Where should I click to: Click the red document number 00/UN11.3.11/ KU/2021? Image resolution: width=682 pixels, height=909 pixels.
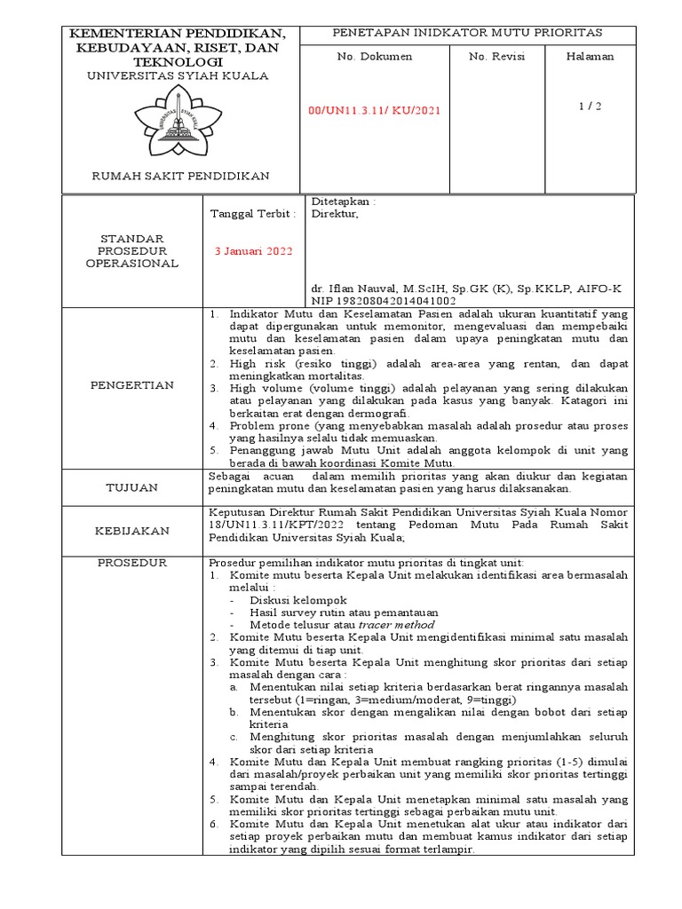(373, 110)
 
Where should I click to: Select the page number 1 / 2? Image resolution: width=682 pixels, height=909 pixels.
(590, 106)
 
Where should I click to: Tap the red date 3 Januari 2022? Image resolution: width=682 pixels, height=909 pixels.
(253, 250)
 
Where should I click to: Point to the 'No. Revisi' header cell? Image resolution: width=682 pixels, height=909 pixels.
(496, 56)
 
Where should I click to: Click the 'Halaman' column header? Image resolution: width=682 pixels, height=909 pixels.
(590, 56)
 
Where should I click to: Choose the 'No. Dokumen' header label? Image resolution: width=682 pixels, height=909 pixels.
(373, 56)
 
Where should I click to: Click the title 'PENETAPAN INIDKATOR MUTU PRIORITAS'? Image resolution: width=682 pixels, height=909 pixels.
(466, 32)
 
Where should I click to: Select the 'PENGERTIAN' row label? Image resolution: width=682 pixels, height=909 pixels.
(134, 385)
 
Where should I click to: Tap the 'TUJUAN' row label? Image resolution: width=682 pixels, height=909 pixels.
(134, 487)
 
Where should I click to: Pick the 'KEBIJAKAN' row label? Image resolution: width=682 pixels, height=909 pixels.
(134, 530)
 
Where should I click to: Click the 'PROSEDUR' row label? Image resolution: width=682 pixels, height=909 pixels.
(134, 563)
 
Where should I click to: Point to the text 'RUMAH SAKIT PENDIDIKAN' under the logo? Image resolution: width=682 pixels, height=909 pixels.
(181, 176)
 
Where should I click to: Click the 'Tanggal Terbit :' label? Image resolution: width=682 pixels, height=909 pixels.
(252, 214)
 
